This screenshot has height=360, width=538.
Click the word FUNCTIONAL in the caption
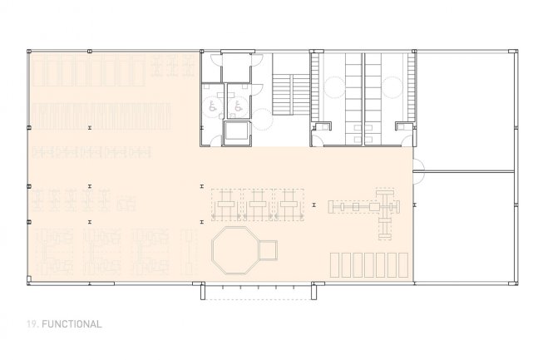tap(72, 324)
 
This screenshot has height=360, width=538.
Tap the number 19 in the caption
tap(32, 324)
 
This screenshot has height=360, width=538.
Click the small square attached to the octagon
tap(268, 250)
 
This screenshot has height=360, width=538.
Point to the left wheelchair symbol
tap(213, 106)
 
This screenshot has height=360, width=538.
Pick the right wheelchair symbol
tap(239, 106)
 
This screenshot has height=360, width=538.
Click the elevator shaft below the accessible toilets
tap(236, 132)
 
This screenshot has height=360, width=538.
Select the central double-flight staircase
tap(291, 95)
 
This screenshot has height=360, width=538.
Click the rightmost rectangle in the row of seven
tap(403, 265)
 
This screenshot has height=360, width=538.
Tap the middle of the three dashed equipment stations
tap(258, 205)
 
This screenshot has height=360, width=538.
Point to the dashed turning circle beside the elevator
tap(263, 120)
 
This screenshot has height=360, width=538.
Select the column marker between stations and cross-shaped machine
tap(313, 205)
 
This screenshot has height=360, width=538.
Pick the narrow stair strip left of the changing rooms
tap(314, 87)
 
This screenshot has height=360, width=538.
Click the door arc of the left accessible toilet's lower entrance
tap(215, 141)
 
